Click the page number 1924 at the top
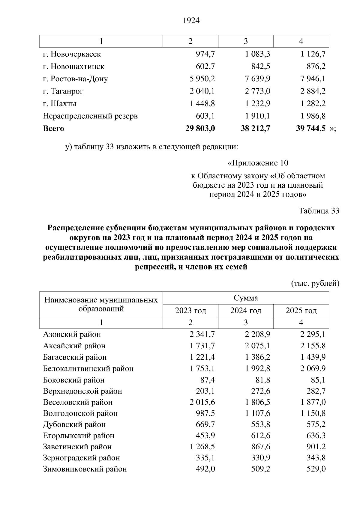[x=191, y=21]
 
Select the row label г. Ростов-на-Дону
[x=75, y=79]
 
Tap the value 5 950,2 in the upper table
[x=202, y=79]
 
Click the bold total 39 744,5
[x=311, y=129]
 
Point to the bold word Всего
[x=53, y=129]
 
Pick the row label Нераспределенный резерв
[x=90, y=116]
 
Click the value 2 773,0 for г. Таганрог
[x=257, y=91]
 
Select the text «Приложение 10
[x=258, y=163]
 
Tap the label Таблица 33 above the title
[x=319, y=211]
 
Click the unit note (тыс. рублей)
[x=315, y=283]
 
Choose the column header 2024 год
[x=246, y=311]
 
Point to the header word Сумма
[x=246, y=298]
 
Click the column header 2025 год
[x=301, y=311]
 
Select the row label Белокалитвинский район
[x=88, y=369]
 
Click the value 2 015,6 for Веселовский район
[x=202, y=402]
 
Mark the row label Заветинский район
[x=77, y=447]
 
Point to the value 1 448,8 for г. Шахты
[x=202, y=104]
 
